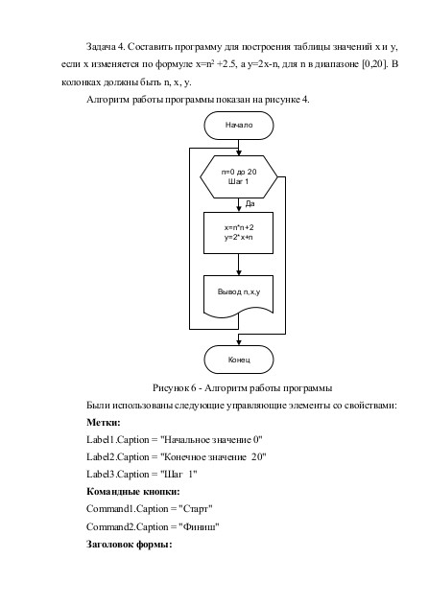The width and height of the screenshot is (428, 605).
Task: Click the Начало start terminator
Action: (x=239, y=125)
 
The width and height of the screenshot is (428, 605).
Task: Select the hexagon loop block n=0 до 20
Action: (x=239, y=177)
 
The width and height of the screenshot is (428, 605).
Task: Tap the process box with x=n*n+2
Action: (x=239, y=233)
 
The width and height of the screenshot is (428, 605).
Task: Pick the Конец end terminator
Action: (x=239, y=360)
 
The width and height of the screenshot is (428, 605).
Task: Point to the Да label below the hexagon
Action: (x=250, y=203)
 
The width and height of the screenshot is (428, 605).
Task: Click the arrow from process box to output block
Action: (x=239, y=265)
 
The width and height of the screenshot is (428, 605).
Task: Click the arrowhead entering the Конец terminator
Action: (x=239, y=342)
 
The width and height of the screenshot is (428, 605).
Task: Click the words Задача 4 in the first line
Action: (x=105, y=47)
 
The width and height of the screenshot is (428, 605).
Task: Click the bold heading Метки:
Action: (x=104, y=422)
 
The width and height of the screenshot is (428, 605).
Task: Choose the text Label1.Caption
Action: (x=118, y=440)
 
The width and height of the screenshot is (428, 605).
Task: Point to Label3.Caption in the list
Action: (x=118, y=475)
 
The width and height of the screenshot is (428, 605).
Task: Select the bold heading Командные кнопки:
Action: (x=133, y=492)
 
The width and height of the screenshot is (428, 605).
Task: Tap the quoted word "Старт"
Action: (x=196, y=509)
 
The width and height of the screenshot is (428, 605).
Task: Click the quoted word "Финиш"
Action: (x=199, y=526)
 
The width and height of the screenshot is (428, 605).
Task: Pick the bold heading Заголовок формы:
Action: (x=129, y=545)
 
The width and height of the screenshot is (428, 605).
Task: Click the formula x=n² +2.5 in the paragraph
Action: (x=216, y=64)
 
